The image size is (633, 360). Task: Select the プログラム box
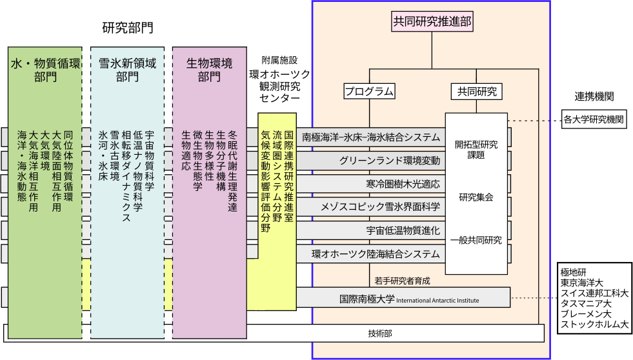(368, 91)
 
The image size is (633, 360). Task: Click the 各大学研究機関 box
(594, 119)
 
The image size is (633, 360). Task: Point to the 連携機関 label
(594, 97)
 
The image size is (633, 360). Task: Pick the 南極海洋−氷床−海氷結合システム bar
(371, 137)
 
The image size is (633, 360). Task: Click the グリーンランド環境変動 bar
(390, 160)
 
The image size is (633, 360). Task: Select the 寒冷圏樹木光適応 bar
(403, 184)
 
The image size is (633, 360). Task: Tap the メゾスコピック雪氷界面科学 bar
(381, 207)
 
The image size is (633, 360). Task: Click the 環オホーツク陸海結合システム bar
(376, 254)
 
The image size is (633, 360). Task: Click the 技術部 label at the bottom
(380, 333)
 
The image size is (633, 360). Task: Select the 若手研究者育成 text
(401, 281)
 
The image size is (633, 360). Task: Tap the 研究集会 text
(476, 197)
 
